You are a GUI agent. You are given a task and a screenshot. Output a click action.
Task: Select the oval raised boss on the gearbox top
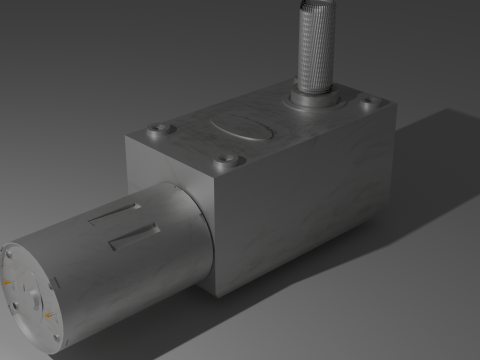coord(241,130)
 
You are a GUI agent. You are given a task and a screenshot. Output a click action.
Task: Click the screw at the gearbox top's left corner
coord(159,130)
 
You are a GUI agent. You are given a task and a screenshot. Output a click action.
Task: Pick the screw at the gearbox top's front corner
coord(227,159)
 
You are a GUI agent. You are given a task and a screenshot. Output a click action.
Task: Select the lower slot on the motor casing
coord(133,237)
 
